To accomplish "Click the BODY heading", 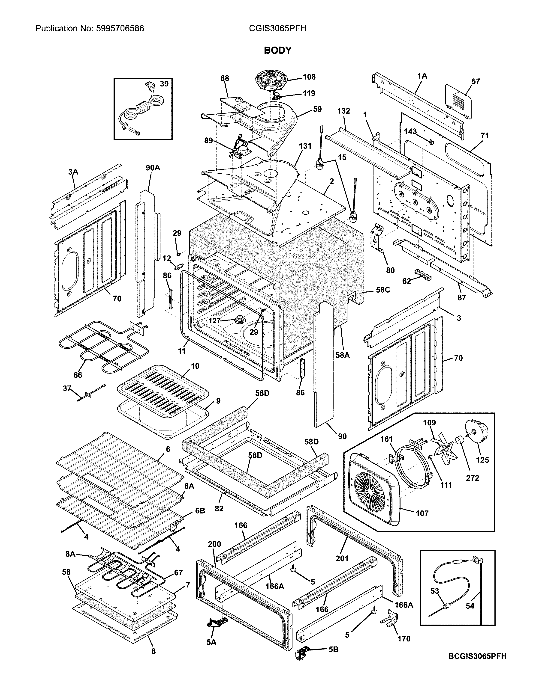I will tap(278, 50).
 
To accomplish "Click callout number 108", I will tap(309, 77).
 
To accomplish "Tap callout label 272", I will tap(472, 478).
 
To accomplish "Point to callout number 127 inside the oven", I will tap(214, 320).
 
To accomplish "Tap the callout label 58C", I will tap(382, 290).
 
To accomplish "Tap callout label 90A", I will tap(153, 168).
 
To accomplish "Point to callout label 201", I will tap(342, 558).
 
